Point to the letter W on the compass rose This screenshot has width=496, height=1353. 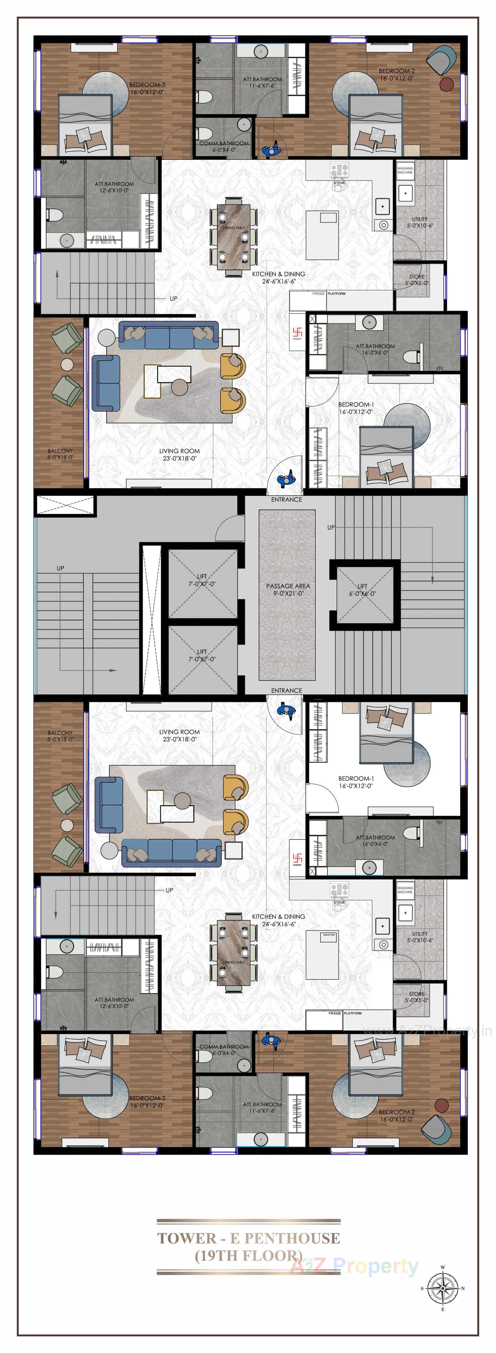[443, 1267]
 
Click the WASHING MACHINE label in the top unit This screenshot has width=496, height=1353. [405, 170]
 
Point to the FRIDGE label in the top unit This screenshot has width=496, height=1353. [319, 294]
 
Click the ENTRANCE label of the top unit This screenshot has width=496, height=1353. [286, 499]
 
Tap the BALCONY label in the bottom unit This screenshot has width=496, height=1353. [60, 735]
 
